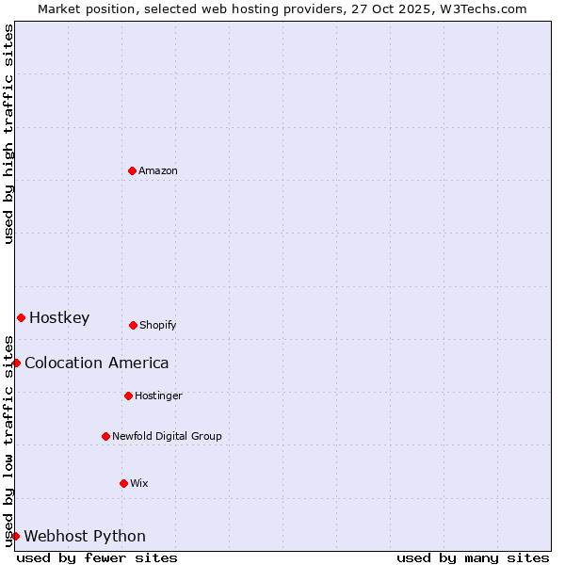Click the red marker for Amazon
[132, 170]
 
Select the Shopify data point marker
[133, 325]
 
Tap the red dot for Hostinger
[128, 395]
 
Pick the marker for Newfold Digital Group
[105, 436]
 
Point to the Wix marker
[123, 483]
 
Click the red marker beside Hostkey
[21, 317]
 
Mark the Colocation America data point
[16, 363]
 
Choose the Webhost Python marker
[15, 536]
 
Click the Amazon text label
[158, 170]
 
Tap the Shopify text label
[158, 325]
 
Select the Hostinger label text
[158, 395]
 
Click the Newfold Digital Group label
[167, 436]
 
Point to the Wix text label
[139, 483]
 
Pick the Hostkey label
[59, 317]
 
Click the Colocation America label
[97, 363]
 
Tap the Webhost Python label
[85, 536]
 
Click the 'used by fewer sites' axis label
[97, 557]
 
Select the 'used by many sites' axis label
[473, 557]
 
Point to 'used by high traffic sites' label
[8, 134]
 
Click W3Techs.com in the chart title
[481, 8]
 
